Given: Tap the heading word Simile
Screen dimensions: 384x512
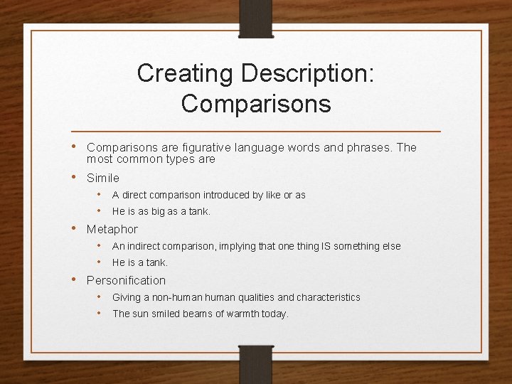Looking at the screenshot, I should (x=103, y=178).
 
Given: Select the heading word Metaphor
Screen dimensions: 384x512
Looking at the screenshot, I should (x=112, y=229).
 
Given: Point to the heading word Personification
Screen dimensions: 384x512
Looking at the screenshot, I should (x=126, y=280).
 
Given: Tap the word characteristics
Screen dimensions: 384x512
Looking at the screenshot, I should (x=328, y=297).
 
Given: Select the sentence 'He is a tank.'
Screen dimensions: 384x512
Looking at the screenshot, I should (x=140, y=262).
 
